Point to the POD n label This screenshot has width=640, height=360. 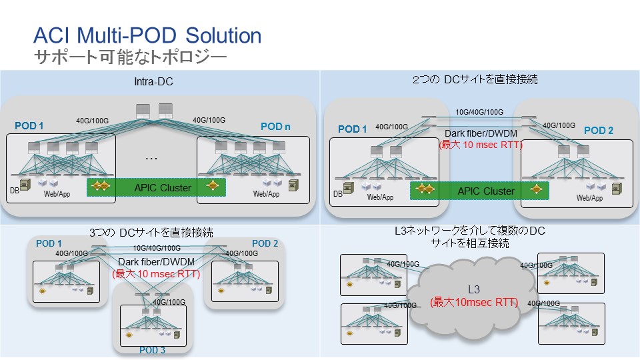[x=275, y=127]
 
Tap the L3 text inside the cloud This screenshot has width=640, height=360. [x=474, y=290]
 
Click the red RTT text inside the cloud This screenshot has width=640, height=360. [x=474, y=302]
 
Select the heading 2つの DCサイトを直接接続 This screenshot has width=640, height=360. [x=475, y=79]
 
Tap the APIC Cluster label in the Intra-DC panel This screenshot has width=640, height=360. [x=163, y=187]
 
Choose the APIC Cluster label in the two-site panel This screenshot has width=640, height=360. [x=485, y=191]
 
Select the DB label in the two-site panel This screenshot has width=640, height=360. [x=337, y=194]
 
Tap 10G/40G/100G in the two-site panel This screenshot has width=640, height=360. [x=479, y=112]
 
